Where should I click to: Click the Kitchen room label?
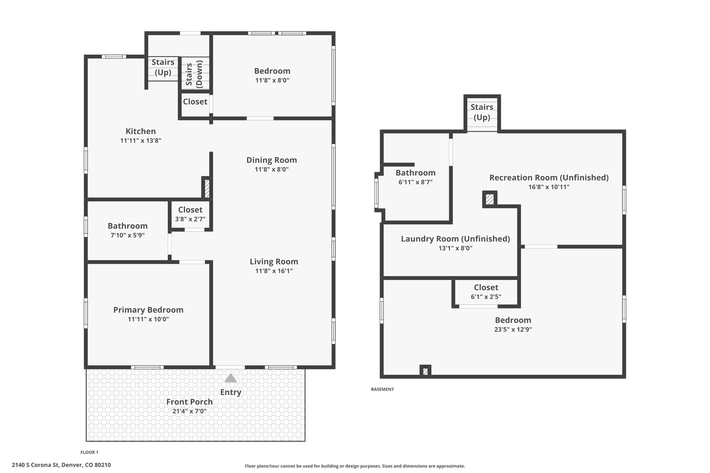tap(140, 131)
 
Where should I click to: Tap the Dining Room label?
tap(271, 160)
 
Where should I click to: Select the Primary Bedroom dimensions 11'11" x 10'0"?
tap(148, 319)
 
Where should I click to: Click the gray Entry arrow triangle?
tap(231, 378)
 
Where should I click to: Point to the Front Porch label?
tap(189, 402)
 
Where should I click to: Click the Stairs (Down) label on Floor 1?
tap(194, 74)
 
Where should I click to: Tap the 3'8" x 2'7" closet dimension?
tap(190, 219)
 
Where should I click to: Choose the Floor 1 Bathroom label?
tap(128, 226)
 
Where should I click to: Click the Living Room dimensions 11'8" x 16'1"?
tap(274, 271)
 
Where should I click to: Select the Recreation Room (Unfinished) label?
tap(549, 178)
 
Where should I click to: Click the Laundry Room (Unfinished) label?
tap(455, 239)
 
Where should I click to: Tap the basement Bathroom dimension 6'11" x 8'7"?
tap(415, 182)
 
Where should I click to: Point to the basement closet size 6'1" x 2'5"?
tap(486, 297)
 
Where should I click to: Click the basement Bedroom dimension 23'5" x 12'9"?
tap(513, 329)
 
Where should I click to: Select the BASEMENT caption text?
tap(382, 389)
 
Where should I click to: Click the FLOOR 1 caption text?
tap(89, 452)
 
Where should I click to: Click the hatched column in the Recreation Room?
tap(490, 199)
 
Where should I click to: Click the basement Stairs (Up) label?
tap(482, 112)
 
